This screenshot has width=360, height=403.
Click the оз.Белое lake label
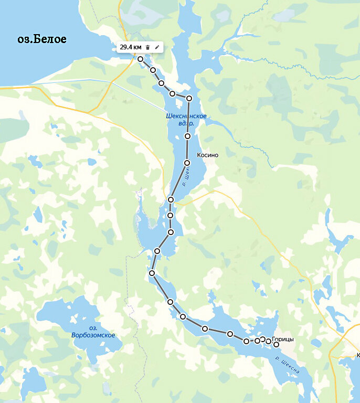tap(41, 39)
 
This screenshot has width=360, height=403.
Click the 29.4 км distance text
tap(131, 47)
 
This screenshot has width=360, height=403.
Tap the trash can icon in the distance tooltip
tap(147, 47)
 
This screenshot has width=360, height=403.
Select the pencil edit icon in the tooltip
tap(156, 47)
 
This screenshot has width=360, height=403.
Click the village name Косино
tap(207, 155)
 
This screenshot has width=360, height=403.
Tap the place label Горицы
tap(283, 339)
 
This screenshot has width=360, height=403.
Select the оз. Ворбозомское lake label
tap(93, 332)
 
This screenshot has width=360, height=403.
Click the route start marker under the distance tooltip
tap(140, 59)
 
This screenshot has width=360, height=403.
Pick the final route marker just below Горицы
tap(277, 344)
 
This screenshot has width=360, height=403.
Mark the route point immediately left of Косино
tap(187, 163)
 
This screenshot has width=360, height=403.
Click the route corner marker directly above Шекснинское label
tap(189, 98)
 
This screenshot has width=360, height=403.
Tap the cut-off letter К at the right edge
tap(358, 355)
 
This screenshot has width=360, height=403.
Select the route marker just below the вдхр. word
tap(187, 136)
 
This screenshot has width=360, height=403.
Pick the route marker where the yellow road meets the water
tap(171, 200)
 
